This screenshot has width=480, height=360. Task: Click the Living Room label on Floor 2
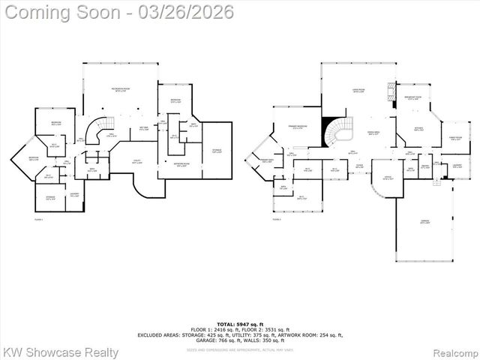[358, 90]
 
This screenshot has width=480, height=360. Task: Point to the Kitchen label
[418, 128]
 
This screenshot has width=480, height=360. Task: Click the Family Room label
[454, 139]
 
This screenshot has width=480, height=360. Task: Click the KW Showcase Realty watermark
[60, 352]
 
